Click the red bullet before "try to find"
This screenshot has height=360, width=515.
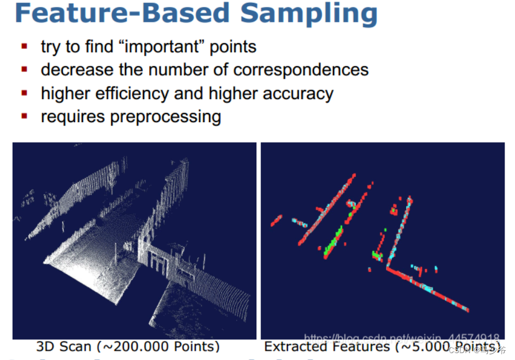tap(24, 46)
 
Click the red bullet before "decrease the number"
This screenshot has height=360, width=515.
tap(24, 69)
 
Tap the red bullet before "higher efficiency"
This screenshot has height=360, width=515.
tap(24, 92)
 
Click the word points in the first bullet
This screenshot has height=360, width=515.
tap(233, 47)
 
